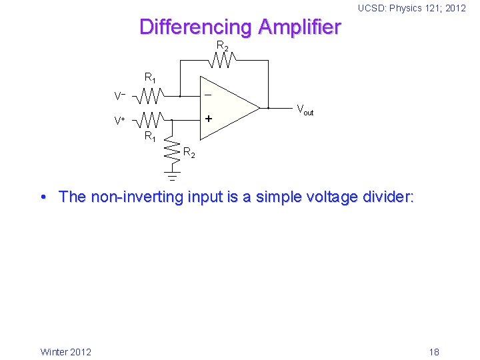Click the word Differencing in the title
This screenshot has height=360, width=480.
click(x=196, y=27)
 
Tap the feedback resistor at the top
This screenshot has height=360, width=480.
click(x=221, y=61)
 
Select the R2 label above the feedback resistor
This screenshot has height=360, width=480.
click(x=222, y=46)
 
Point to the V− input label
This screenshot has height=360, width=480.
click(x=120, y=97)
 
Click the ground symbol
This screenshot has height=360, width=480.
click(x=171, y=177)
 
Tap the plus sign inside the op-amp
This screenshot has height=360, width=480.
click(x=208, y=119)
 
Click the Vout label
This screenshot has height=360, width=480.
click(x=305, y=110)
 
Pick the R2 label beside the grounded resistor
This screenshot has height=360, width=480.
click(x=189, y=154)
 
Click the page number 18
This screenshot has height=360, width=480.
click(x=434, y=351)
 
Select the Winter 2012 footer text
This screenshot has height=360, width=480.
click(x=66, y=351)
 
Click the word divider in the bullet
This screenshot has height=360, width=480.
click(x=385, y=197)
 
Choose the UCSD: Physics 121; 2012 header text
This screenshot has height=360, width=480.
click(x=411, y=9)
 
